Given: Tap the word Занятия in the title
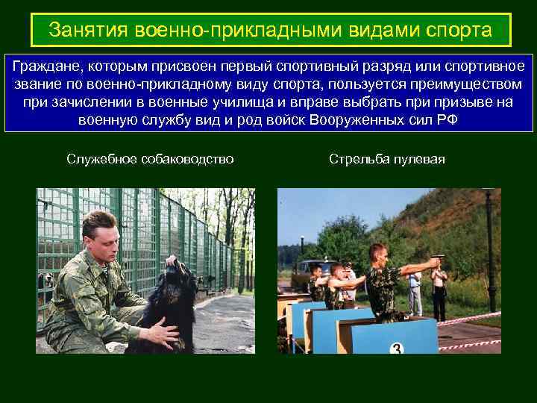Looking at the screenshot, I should point(89,31).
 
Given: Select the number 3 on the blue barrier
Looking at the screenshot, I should point(398,349).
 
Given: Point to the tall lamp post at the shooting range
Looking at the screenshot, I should point(490,246).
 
